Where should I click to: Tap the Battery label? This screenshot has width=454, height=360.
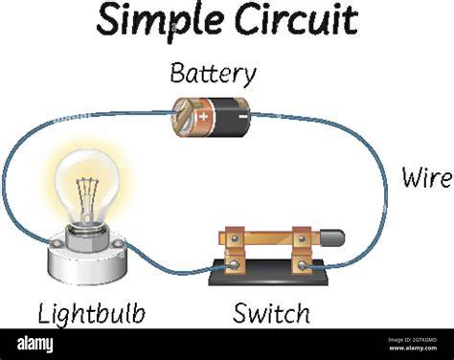point(213,75)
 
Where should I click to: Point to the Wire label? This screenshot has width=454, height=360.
point(427,177)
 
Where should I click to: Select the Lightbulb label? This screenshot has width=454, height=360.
point(92,314)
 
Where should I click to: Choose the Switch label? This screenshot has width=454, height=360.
point(272,313)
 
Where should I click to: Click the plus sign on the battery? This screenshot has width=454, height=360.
point(203,116)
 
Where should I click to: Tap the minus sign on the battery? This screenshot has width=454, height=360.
point(243,117)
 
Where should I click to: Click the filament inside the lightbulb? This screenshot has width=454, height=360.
point(87,198)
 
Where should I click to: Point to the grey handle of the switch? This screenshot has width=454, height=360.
point(332,237)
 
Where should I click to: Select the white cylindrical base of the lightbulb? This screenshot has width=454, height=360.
point(87,261)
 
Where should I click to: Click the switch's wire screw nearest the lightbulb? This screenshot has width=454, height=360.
point(235,264)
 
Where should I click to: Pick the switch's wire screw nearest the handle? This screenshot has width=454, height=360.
point(302,264)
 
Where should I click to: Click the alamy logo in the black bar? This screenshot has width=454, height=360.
point(35,345)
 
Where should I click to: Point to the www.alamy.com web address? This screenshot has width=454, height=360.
point(413,348)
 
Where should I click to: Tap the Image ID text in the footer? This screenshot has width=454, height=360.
point(413,340)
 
